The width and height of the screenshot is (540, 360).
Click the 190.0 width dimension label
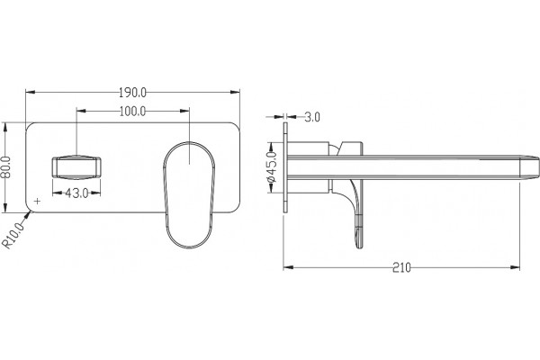click(132, 93)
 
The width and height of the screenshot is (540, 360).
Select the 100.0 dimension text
click(132, 112)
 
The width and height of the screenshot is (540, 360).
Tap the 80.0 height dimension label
click(6, 167)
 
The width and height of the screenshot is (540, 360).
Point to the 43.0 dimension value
click(76, 193)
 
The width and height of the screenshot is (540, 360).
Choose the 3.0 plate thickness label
click(312, 117)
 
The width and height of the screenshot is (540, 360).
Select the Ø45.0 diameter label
click(272, 166)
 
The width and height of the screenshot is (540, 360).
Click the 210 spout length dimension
click(401, 267)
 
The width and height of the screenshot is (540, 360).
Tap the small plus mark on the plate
click(38, 201)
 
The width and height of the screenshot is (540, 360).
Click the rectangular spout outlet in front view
click(76, 167)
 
